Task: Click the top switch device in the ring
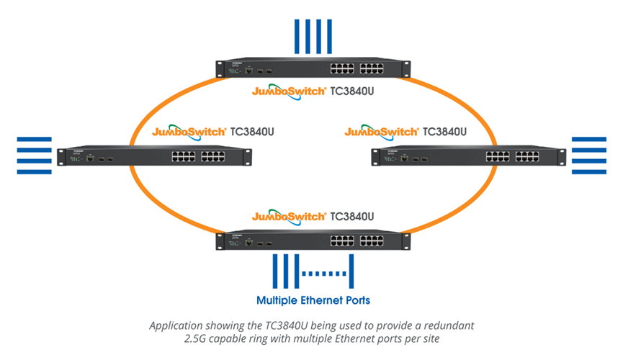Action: [311, 70]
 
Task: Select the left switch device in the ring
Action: [154, 156]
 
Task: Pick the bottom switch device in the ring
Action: [311, 240]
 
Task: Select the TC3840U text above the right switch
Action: [444, 132]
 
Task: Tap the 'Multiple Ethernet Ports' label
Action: [313, 299]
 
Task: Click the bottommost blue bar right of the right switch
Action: [589, 172]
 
